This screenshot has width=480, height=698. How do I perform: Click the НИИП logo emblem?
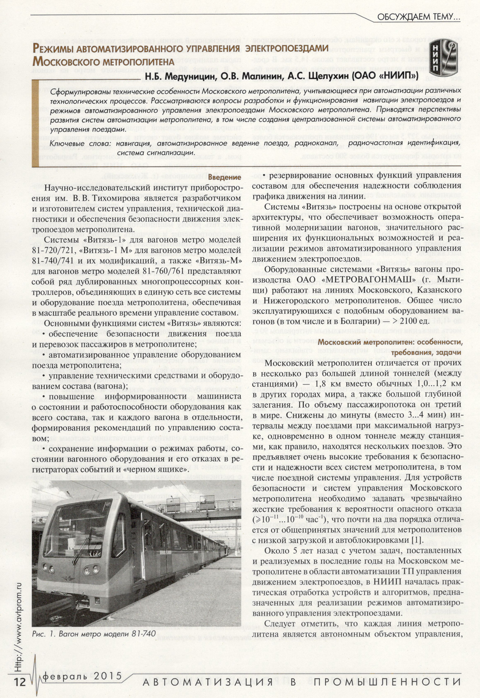444,57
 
